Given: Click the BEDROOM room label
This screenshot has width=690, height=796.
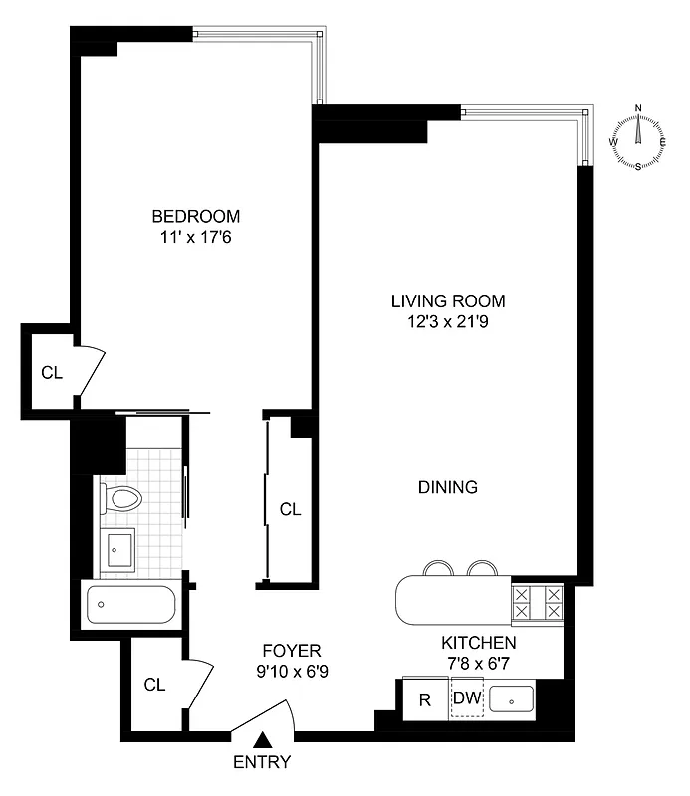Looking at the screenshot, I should pyautogui.click(x=195, y=216).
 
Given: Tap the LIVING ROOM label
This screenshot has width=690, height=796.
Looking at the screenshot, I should pyautogui.click(x=447, y=300).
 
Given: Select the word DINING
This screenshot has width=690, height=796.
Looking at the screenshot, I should pyautogui.click(x=447, y=487).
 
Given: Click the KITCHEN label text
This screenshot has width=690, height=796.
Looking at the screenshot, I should pyautogui.click(x=480, y=643).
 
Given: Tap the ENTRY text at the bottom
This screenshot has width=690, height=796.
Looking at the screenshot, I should pyautogui.click(x=263, y=763).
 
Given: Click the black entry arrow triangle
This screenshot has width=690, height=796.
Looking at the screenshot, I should pyautogui.click(x=263, y=740).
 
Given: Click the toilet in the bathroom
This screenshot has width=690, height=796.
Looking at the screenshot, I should pyautogui.click(x=123, y=497).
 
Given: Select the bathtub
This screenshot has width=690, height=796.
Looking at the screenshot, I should pyautogui.click(x=131, y=604).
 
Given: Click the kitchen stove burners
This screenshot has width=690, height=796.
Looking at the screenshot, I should pyautogui.click(x=537, y=603).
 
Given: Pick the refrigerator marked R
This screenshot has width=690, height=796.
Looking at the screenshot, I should pyautogui.click(x=424, y=699).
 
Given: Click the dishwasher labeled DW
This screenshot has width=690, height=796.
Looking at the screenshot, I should pyautogui.click(x=466, y=699).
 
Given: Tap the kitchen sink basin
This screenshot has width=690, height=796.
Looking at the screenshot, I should pyautogui.click(x=510, y=699).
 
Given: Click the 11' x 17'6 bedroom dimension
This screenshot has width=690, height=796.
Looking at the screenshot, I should pyautogui.click(x=195, y=237).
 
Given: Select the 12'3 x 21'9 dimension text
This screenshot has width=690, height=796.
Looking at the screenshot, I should pyautogui.click(x=447, y=321).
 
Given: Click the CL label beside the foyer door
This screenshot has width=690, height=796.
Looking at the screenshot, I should pyautogui.click(x=153, y=685).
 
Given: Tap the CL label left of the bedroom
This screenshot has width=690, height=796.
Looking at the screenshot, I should pyautogui.click(x=51, y=373).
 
